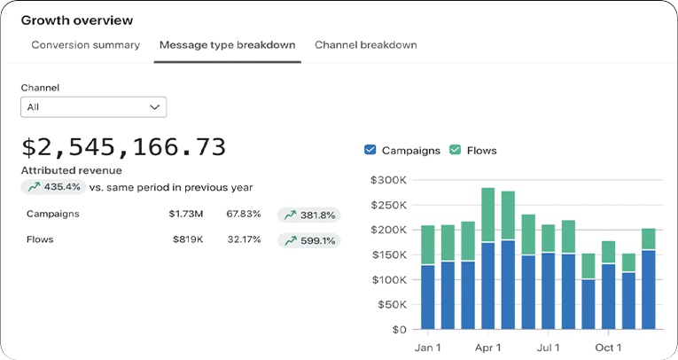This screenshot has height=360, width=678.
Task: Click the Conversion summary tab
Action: pyautogui.click(x=85, y=45)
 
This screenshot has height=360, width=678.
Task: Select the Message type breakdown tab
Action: pyautogui.click(x=227, y=45)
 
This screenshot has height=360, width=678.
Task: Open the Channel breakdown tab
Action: pyautogui.click(x=365, y=45)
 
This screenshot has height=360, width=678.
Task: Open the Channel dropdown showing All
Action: pyautogui.click(x=93, y=107)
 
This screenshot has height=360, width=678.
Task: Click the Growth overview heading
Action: pyautogui.click(x=77, y=20)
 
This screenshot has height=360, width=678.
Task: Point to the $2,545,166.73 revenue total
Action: pyautogui.click(x=123, y=147)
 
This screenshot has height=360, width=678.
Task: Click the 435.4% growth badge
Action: pyautogui.click(x=54, y=187)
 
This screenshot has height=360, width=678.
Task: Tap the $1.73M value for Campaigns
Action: pyautogui.click(x=186, y=215)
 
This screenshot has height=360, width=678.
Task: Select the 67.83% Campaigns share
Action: pyautogui.click(x=243, y=215)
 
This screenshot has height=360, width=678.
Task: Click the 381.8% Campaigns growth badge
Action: pyautogui.click(x=308, y=215)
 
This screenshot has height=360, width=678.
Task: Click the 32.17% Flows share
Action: pyautogui.click(x=243, y=240)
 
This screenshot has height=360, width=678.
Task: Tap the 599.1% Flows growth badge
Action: pyautogui.click(x=308, y=240)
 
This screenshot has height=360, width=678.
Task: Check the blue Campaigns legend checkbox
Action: pyautogui.click(x=370, y=151)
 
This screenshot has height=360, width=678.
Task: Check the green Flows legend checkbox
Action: pyautogui.click(x=455, y=151)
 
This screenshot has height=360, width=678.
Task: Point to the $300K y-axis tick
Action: pyautogui.click(x=387, y=180)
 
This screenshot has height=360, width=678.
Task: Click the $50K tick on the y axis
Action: pyautogui.click(x=390, y=304)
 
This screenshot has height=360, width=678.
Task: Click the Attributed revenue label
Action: pyautogui.click(x=71, y=170)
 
